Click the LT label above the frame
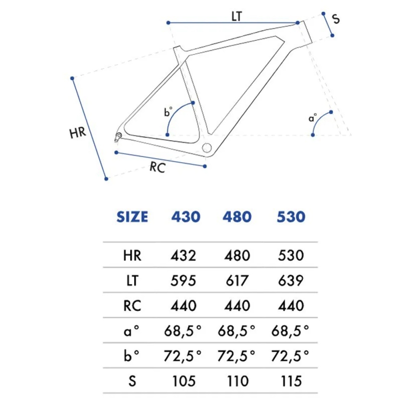coord(237,17)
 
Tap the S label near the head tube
coord(335,19)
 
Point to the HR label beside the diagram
coord(78,133)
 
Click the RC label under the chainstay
coord(157,167)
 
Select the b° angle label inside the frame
coord(168,112)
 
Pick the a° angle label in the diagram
coord(312,118)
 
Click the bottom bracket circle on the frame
coord(207,147)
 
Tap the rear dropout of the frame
coord(118,136)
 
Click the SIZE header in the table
coord(132,217)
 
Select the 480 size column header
coord(237,217)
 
